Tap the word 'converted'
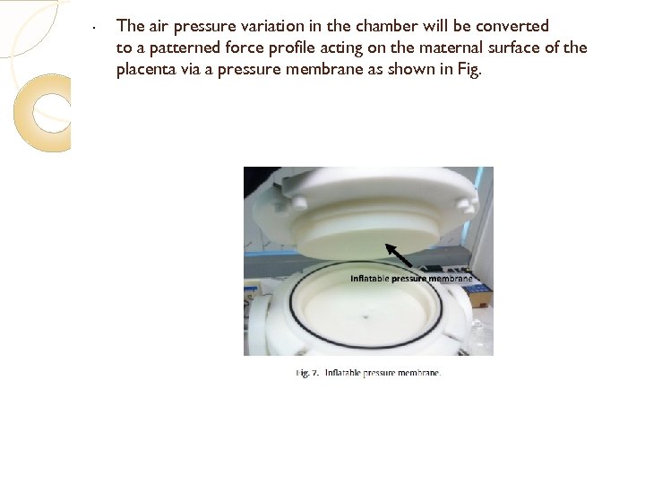coord(512,26)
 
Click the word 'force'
coord(245,48)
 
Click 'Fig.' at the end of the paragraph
coord(469,70)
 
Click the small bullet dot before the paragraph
coord(95,28)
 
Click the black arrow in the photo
coord(398,255)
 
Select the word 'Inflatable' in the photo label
coord(369,279)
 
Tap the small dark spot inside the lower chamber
coord(365,317)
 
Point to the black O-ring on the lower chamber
coord(365,348)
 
